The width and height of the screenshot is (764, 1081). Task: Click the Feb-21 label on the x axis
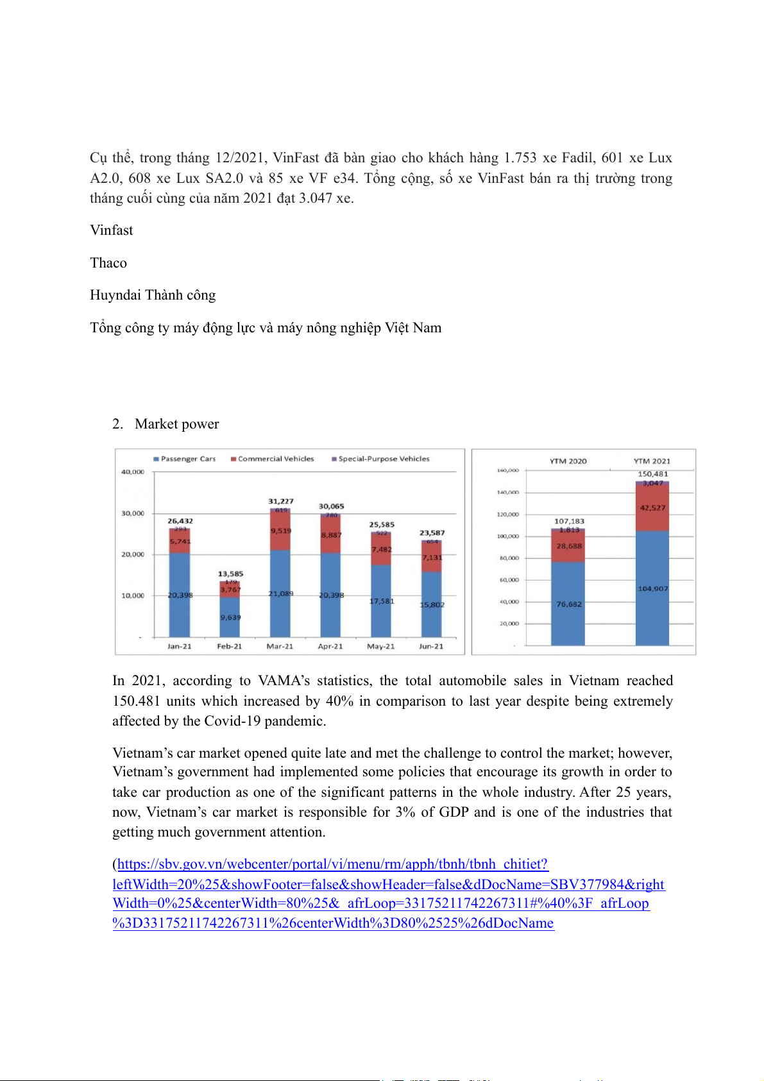click(230, 646)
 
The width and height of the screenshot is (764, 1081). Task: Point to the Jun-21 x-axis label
click(431, 646)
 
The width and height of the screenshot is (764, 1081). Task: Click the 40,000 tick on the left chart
click(133, 472)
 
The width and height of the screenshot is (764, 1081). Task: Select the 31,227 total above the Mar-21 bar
click(281, 501)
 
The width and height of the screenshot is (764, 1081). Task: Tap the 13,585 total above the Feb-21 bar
click(230, 574)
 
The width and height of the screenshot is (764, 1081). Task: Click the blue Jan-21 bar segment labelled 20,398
click(180, 595)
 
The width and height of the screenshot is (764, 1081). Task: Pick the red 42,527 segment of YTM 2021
click(652, 507)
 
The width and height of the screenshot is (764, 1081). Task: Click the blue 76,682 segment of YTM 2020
click(568, 604)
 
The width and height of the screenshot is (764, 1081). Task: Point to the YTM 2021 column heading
click(652, 461)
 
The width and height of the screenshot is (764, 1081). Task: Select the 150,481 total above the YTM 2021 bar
click(652, 474)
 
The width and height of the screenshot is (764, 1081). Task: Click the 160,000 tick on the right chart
click(508, 470)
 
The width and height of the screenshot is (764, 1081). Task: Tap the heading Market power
click(176, 423)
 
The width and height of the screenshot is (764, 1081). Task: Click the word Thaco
click(108, 262)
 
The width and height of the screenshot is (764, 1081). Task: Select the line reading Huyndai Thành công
click(153, 294)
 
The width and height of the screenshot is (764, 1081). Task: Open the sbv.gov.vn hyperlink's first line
click(332, 864)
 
